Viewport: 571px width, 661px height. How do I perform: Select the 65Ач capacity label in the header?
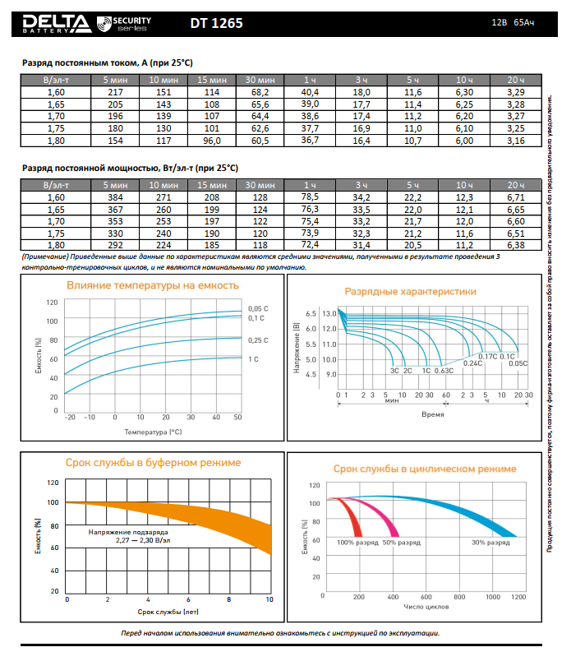(x=524, y=23)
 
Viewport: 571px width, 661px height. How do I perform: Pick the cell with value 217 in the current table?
(x=114, y=92)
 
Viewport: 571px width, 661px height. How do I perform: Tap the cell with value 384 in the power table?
(x=114, y=197)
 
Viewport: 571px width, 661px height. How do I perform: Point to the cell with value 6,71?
(x=515, y=197)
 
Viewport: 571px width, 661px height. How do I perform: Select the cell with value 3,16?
(x=515, y=141)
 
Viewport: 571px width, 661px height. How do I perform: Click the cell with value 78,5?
(x=310, y=197)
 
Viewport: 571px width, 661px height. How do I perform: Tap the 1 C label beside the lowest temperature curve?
(x=253, y=359)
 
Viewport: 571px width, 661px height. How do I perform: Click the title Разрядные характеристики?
(x=410, y=291)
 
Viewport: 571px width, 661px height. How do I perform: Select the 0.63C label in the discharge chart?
(x=444, y=371)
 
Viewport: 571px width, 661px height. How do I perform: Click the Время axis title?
(x=433, y=414)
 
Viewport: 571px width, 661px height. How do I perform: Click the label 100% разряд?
(x=356, y=543)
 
